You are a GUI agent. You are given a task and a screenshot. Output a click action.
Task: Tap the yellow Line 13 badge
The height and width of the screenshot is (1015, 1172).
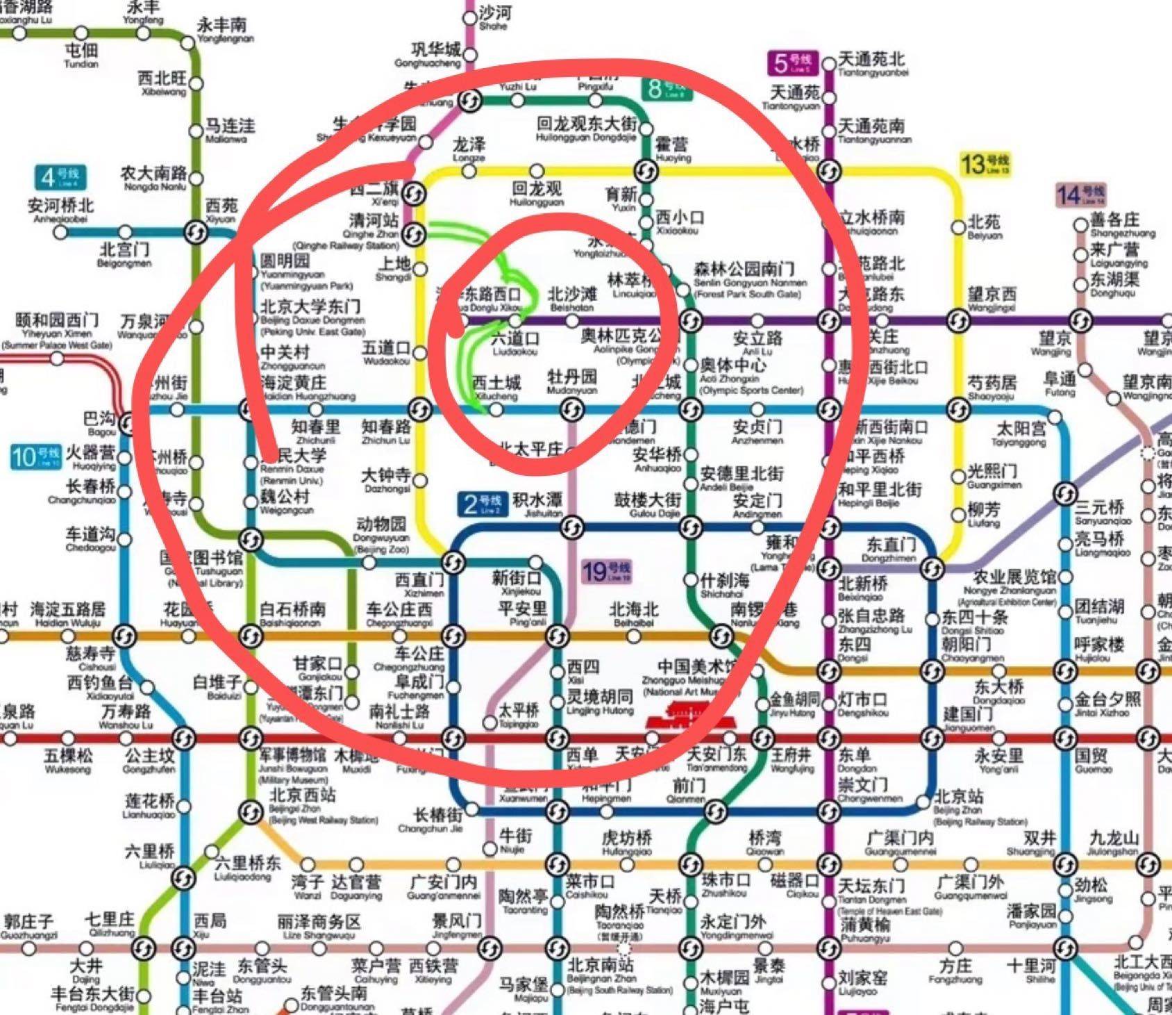(985, 165)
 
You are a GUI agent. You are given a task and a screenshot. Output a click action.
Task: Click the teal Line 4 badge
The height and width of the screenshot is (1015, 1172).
(60, 178)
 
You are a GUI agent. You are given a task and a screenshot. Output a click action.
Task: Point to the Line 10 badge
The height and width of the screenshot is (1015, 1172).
(35, 456)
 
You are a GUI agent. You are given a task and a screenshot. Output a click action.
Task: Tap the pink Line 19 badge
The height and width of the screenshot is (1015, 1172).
(606, 572)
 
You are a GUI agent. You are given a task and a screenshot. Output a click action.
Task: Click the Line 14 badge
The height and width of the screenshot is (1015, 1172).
(1080, 195)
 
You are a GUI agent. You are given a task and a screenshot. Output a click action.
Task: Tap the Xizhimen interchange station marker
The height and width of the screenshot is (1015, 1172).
(453, 561)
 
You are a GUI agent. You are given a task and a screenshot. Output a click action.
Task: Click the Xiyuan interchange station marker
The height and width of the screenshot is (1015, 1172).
(196, 231)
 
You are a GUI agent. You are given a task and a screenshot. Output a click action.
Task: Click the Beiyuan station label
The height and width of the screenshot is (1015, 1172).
(985, 226)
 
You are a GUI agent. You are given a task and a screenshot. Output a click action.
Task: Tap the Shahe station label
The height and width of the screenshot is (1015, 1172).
(495, 17)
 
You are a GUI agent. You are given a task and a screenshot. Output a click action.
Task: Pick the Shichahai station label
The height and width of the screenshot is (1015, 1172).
(724, 584)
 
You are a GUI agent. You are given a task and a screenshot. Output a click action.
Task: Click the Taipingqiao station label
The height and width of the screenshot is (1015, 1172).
(519, 714)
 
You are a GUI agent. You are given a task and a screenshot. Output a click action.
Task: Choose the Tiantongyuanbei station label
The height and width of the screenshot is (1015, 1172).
(872, 64)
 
